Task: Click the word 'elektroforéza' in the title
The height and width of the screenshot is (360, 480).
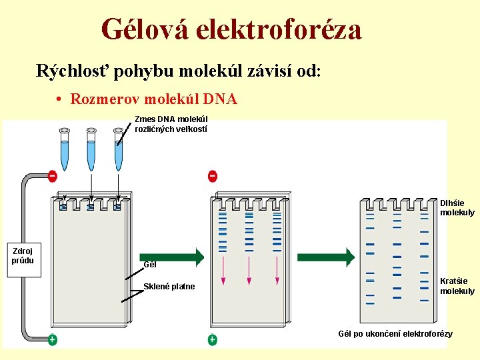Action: point(291,29)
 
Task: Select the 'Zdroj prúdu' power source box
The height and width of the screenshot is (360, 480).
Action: point(23,255)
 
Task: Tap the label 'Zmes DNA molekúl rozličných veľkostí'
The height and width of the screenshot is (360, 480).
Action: point(171,124)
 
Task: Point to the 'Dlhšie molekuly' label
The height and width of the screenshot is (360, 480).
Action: point(457,207)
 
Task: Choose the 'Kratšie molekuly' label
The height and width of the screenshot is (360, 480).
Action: point(457,286)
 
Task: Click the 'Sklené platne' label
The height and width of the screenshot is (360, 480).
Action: point(169,287)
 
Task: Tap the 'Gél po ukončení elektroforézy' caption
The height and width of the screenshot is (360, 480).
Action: point(395,333)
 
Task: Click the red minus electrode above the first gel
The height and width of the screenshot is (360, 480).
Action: point(53,176)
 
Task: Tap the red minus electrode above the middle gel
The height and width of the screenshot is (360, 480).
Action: point(212,176)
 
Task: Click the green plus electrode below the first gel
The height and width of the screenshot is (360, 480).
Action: point(52,340)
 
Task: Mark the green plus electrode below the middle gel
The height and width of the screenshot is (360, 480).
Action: point(212,340)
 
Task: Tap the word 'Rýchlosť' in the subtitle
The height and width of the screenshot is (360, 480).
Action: point(73,71)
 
